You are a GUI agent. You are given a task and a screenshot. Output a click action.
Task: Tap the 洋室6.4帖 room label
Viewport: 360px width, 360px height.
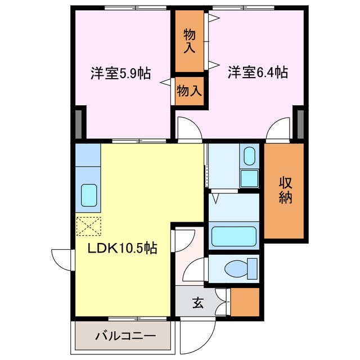click(258, 73)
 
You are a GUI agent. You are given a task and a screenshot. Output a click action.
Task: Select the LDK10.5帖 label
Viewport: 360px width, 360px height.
click(121, 247)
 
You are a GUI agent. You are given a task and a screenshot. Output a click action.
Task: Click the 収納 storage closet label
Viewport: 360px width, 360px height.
click(285, 191)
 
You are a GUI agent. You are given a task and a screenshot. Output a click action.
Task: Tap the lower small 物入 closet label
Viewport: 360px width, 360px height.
click(189, 91)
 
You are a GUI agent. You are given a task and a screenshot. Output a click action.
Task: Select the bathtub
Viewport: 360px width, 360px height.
click(233, 236)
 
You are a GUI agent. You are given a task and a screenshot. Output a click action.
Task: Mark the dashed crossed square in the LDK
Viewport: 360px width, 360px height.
click(88, 227)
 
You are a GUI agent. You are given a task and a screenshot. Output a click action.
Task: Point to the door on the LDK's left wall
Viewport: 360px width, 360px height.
click(61, 259)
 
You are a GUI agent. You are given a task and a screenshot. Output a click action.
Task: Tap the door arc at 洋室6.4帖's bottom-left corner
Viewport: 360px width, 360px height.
click(188, 129)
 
